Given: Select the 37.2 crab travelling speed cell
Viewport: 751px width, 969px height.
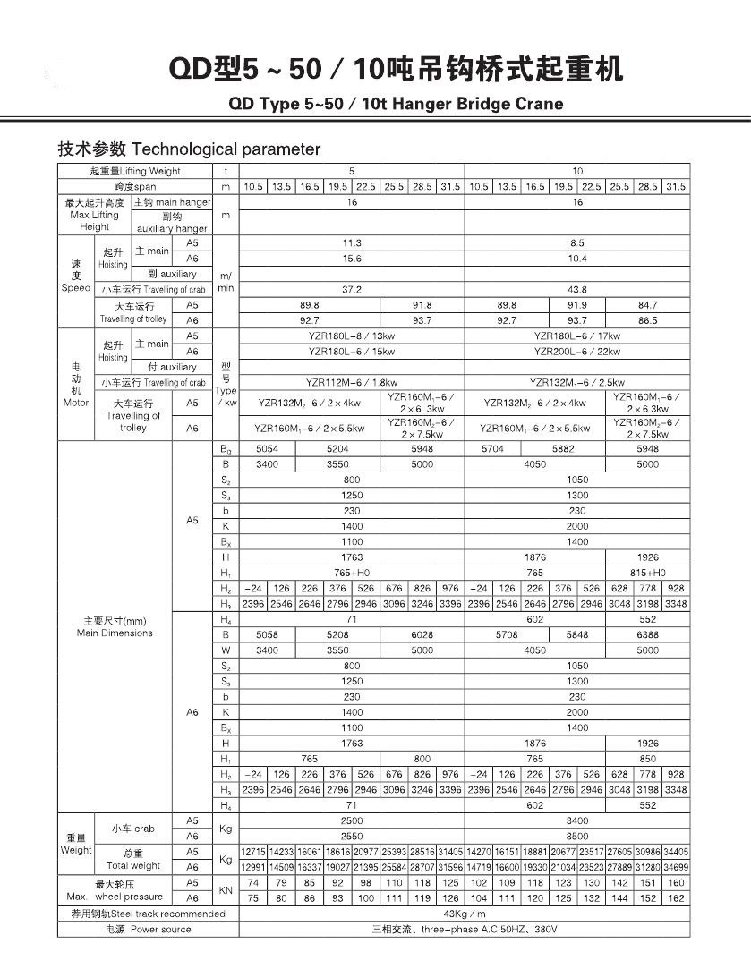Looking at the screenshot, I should (352, 290).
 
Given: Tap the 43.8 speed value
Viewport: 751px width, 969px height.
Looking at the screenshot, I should (577, 290).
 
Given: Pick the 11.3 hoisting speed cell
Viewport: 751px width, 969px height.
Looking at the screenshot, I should (352, 243).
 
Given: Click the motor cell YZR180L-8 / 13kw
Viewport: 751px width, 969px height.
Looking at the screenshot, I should (352, 336).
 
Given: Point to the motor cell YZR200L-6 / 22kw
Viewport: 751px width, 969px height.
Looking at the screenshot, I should (577, 352).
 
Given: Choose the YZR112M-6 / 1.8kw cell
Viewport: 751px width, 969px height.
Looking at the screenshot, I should (352, 382).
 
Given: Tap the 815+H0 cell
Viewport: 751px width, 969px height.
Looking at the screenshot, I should (647, 573).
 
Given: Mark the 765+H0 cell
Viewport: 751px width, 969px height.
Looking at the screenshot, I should (352, 573).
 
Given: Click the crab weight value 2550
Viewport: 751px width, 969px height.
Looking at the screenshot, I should (352, 836).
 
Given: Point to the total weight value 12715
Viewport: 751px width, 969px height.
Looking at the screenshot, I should (254, 852).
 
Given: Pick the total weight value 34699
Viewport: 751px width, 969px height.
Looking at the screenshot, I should (676, 867).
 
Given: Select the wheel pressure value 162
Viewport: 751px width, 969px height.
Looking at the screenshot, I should (676, 898).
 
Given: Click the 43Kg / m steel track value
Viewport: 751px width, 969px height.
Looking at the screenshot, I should (465, 914).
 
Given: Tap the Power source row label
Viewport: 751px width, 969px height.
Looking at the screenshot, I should (148, 930).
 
